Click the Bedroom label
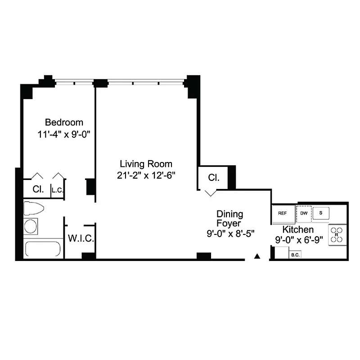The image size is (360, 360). tap(64, 122)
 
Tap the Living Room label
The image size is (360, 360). tap(145, 164)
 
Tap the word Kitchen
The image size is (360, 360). tap(298, 230)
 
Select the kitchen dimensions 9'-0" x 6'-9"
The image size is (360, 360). tap(299, 240)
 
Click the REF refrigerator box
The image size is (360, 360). tap(283, 213)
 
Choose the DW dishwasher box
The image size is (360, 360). tap(304, 213)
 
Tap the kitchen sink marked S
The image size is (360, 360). tap(321, 213)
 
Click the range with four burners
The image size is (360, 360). tap(337, 234)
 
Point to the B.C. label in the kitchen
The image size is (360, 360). tap(295, 255)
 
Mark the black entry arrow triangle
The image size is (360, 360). tap(257, 256)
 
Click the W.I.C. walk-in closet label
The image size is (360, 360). tap(81, 238)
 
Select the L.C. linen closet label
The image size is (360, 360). tap(57, 190)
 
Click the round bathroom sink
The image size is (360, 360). tap(31, 226)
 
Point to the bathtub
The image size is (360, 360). tap(43, 249)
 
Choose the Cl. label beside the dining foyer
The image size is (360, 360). tap(213, 178)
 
